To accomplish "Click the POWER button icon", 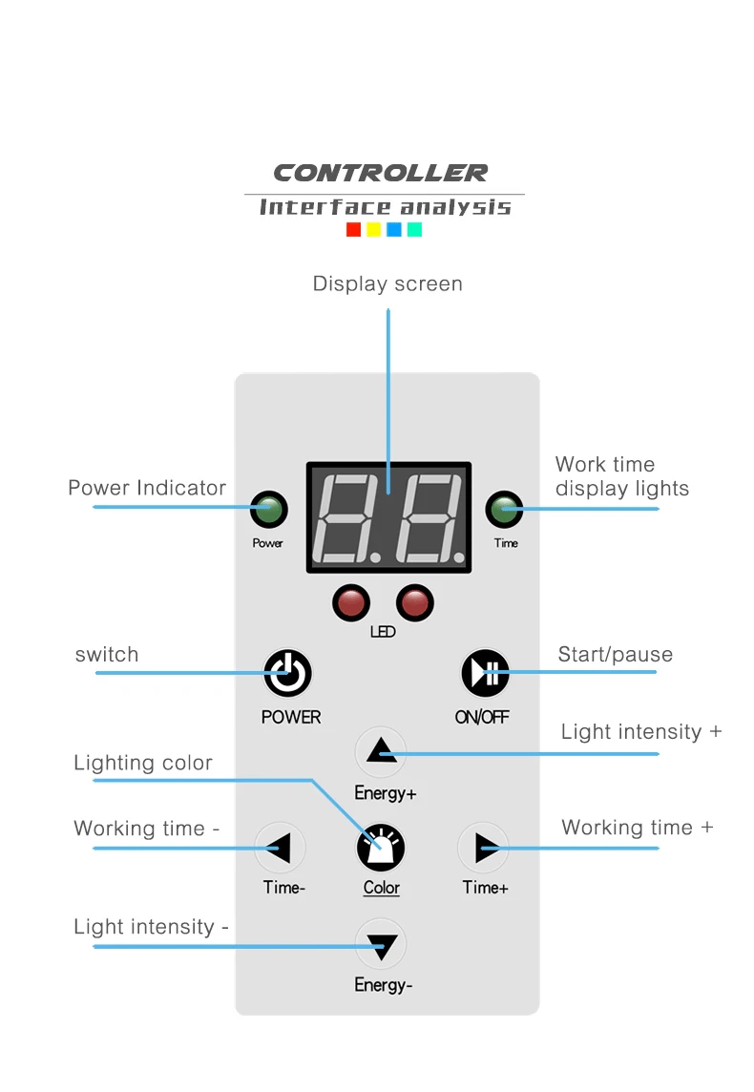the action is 287,674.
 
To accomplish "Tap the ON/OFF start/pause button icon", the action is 485,674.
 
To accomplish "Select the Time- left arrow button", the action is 280,848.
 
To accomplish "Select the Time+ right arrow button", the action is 483,848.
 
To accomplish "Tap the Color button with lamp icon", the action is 381,848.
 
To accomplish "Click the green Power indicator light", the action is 269,509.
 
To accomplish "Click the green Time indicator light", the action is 504,509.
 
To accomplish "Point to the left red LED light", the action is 351,602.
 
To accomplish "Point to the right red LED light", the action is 415,602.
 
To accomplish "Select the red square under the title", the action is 354,229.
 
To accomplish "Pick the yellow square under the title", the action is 374,229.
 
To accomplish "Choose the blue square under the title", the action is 394,229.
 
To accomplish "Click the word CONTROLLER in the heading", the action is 381,173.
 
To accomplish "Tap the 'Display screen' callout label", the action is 387,284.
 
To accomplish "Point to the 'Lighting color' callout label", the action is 143,764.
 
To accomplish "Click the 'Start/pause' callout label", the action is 616,655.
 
